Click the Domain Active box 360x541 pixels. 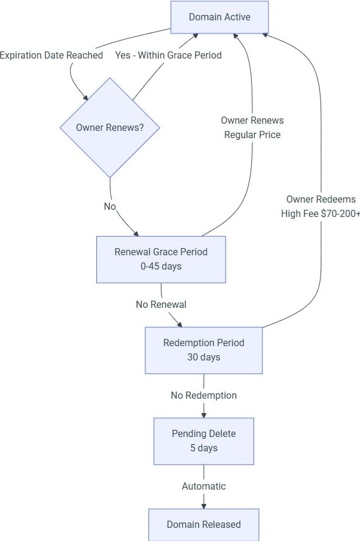pos(219,17)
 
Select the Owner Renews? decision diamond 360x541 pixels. pos(110,128)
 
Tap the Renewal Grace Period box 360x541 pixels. pos(161,259)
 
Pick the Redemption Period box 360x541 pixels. pos(204,350)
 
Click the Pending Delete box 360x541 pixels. pos(204,441)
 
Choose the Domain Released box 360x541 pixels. pos(204,524)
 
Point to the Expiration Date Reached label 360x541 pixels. pos(51,55)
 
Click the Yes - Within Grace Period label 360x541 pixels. pos(169,55)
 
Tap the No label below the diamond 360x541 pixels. pos(110,206)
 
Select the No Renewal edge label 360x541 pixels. pos(161,304)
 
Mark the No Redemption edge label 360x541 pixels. pos(204,395)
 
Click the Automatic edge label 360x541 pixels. pos(204,486)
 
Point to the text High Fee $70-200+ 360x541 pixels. pos(321,213)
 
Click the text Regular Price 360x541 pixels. pos(252,135)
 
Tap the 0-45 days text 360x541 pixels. pos(161,267)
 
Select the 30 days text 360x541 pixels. pos(204,357)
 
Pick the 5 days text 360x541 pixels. pos(204,448)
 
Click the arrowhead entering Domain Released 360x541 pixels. pos(204,506)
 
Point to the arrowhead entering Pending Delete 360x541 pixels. pos(204,415)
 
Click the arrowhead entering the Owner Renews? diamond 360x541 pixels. pos(86,97)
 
